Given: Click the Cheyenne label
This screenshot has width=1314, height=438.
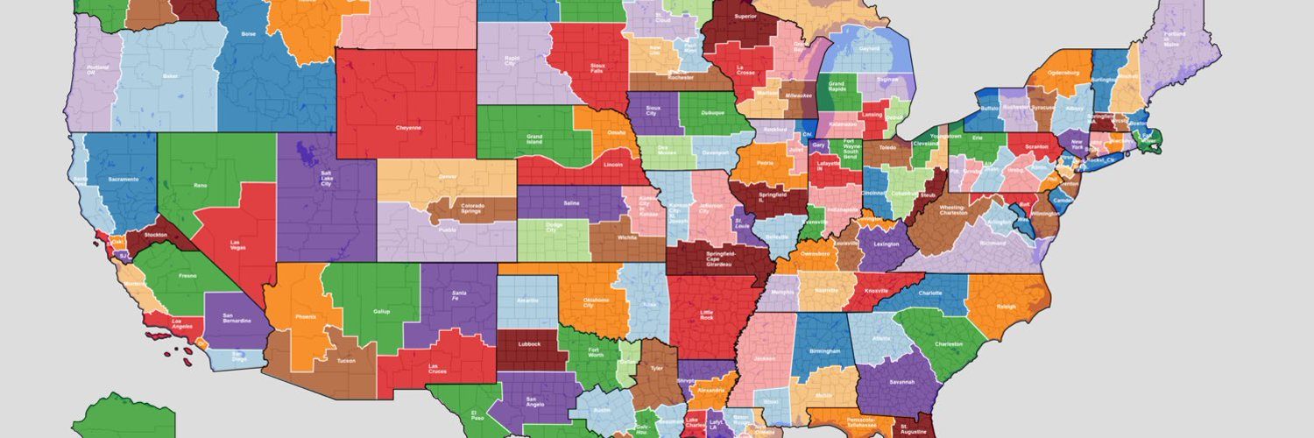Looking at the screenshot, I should pos(408,128).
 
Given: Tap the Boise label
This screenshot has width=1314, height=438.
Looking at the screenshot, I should pos(248,34).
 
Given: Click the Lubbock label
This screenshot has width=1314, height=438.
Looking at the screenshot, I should pos(530,344).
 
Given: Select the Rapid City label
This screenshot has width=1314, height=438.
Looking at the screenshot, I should pos(511,61).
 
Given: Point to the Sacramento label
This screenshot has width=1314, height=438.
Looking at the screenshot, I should pos(124,180).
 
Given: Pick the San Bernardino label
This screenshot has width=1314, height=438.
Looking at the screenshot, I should pos(237,318).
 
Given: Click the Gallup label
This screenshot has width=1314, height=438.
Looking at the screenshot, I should pos(381,311).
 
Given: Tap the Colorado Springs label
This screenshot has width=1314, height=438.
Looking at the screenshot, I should pos(472,208).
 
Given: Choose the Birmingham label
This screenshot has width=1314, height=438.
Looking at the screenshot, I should pos(825,351).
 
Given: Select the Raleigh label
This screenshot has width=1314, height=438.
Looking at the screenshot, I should pos(1005,307).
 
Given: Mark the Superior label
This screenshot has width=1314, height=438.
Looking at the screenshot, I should pos(745,16).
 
